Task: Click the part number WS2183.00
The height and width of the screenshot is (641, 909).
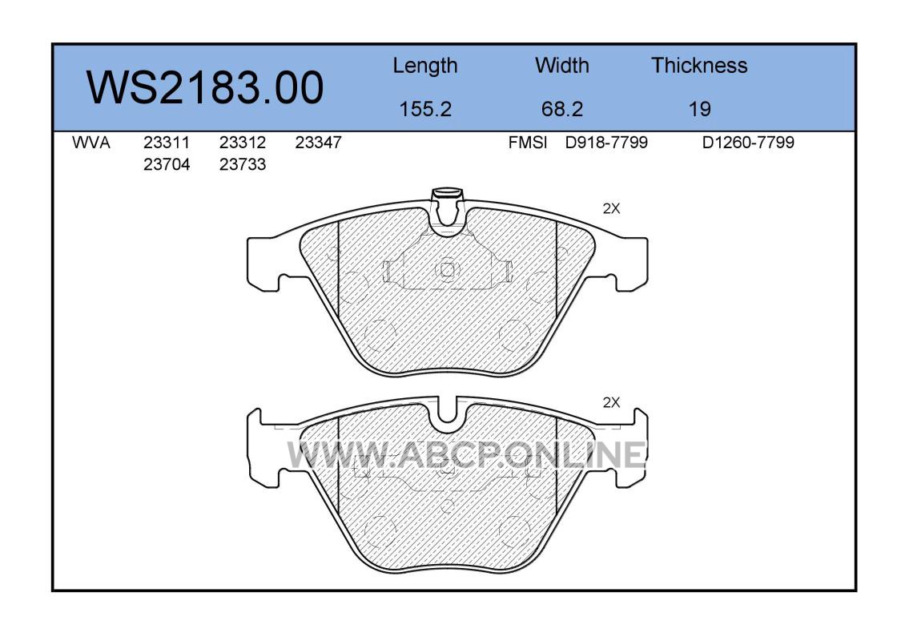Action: point(205,87)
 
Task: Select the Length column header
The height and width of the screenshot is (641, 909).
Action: point(425,67)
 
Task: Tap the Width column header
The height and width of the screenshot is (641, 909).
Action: point(561,65)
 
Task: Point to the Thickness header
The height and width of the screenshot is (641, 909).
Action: point(699,65)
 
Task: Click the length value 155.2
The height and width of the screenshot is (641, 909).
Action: point(425,108)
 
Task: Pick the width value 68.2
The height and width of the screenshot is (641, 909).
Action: point(561,108)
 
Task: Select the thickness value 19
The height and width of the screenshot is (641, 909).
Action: point(699,108)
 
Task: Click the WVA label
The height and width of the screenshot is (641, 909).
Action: point(91,142)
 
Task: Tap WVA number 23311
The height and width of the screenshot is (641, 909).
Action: point(167,142)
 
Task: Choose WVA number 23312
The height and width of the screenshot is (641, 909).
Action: point(243,142)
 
